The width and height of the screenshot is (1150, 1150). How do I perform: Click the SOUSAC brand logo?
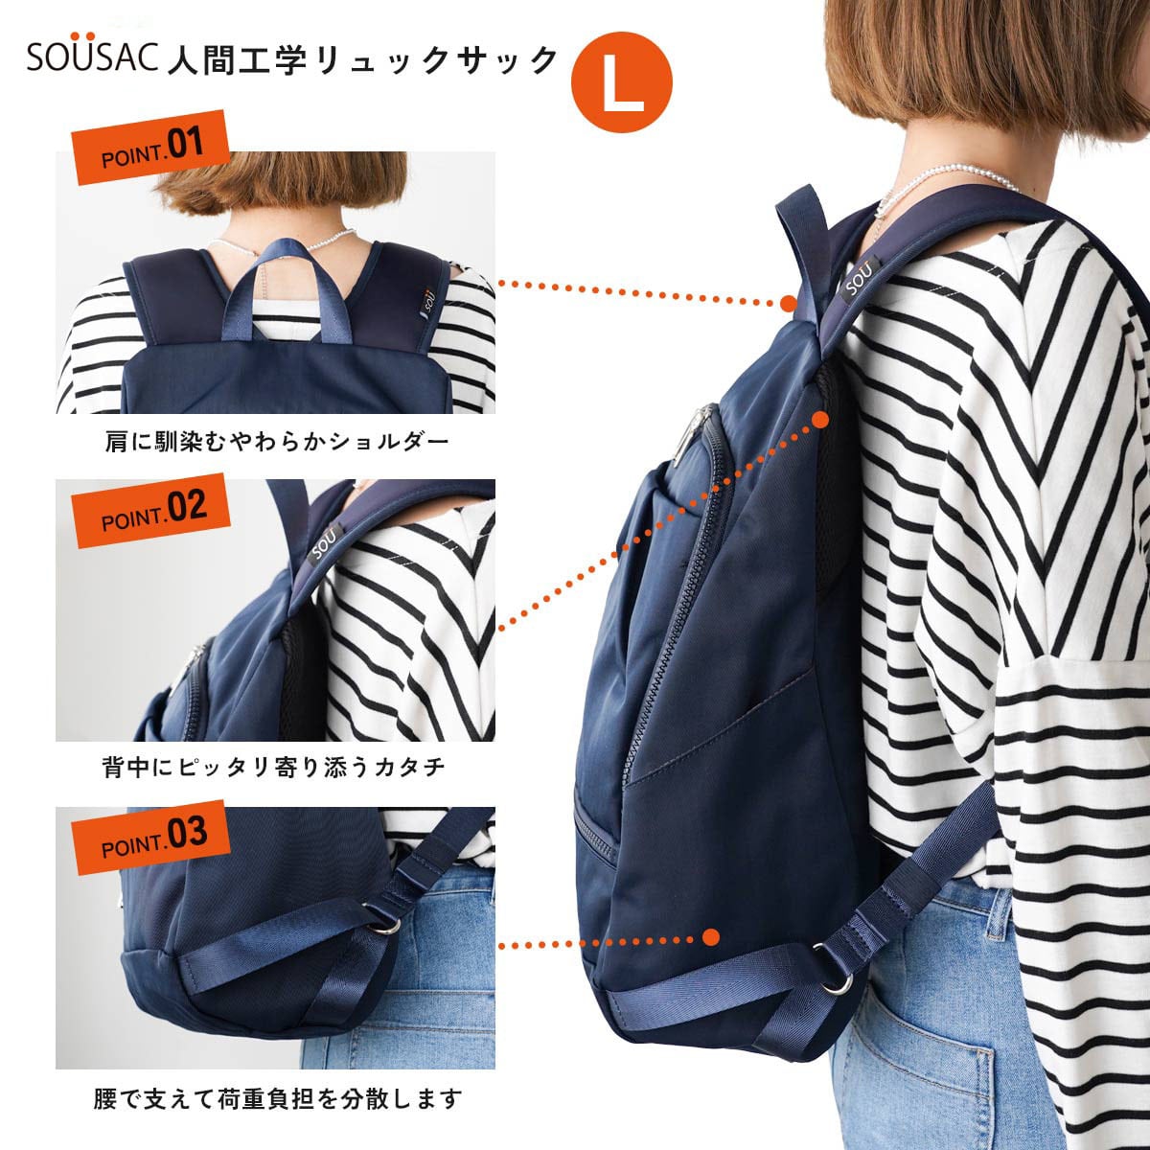pyautogui.click(x=90, y=57)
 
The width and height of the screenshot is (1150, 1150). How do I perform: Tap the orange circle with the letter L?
pyautogui.click(x=621, y=84)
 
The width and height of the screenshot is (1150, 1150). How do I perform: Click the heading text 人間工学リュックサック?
pyautogui.click(x=361, y=60)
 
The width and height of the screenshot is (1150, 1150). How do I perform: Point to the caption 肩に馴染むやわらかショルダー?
pyautogui.click(x=276, y=443)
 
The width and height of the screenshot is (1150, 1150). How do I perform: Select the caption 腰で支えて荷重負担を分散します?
pyautogui.click(x=278, y=1098)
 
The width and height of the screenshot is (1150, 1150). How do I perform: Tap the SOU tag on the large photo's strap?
pyautogui.click(x=856, y=275)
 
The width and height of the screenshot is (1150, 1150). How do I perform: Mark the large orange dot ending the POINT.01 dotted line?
pyautogui.click(x=788, y=303)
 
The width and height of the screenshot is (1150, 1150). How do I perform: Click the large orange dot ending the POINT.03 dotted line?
pyautogui.click(x=710, y=936)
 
